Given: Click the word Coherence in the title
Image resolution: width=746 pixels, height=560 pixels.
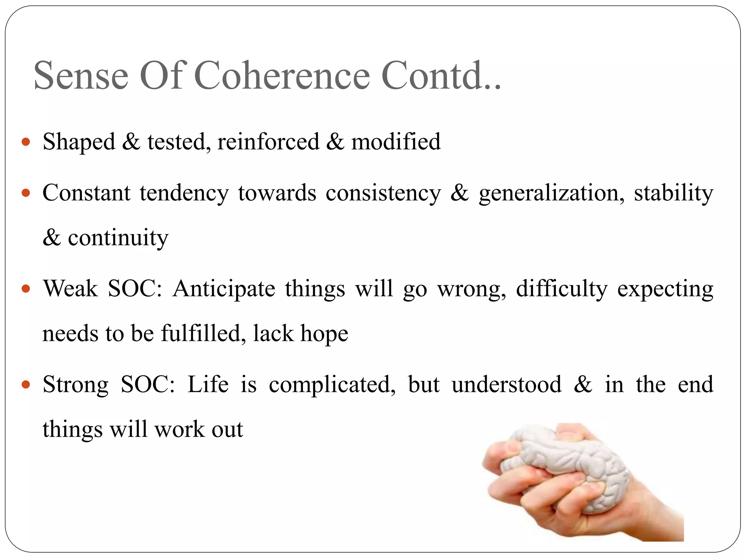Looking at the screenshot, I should coord(282,75).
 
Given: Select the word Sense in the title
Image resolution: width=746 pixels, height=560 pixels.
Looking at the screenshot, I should coord(81,75).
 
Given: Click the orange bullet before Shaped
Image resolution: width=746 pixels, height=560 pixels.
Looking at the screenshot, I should coord(26,141).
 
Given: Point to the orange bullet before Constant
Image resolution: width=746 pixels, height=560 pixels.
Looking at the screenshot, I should coord(26,193).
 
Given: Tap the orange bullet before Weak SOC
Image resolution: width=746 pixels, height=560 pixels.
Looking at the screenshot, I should coord(26,289).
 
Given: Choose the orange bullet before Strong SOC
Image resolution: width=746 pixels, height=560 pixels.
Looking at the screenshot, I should coord(26,385).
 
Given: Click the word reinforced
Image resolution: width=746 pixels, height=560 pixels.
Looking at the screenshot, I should coord(268,141).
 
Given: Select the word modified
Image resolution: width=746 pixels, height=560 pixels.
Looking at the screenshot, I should coord(396,141).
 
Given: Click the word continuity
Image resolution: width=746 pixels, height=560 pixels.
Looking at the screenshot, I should coord(118,238).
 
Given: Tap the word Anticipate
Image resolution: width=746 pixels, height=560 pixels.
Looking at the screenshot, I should coord(224,289).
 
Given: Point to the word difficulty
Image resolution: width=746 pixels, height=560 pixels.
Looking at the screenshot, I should coord(562,289).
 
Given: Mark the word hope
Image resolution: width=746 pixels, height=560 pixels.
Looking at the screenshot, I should coord(324,334).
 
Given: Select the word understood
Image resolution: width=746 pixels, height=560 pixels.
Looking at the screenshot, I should coord(507,385).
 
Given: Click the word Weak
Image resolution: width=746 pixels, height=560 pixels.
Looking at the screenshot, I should coord(71,289).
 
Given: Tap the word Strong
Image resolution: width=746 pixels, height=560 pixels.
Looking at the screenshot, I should coord(76,385).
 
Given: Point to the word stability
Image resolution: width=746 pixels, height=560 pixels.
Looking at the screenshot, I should coord(674,193).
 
